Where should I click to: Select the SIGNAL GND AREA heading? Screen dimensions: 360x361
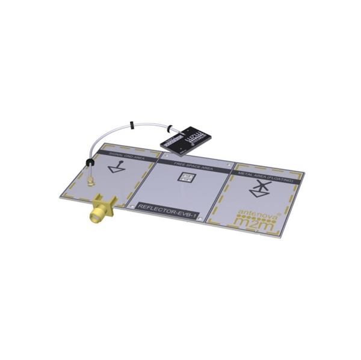[128, 155]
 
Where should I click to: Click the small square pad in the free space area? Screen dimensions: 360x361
[187, 178]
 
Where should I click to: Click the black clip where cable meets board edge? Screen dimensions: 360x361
[89, 163]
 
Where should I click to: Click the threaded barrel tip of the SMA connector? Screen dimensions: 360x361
[96, 217]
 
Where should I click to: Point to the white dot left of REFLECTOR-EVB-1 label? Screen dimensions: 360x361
[132, 208]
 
